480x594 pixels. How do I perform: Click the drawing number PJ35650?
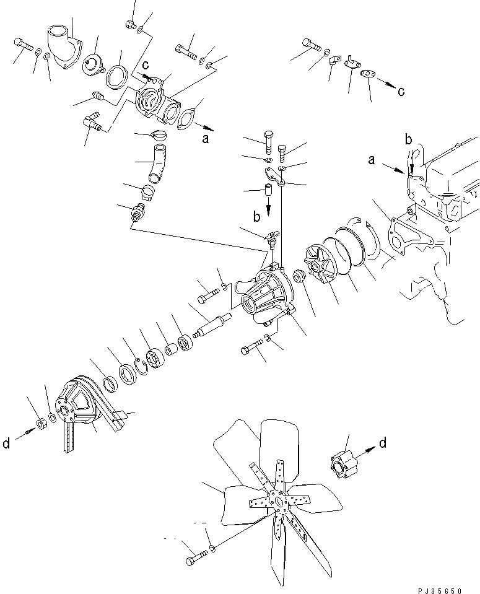[x=440, y=590]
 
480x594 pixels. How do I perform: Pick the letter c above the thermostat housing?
[x=146, y=65]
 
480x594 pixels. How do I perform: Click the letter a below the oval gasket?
[x=205, y=139]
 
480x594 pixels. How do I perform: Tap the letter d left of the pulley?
[x=6, y=443]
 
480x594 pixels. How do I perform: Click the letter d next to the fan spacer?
[x=383, y=442]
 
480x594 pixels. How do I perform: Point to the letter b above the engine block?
[x=408, y=140]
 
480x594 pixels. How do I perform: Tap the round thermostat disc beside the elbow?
[x=93, y=64]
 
